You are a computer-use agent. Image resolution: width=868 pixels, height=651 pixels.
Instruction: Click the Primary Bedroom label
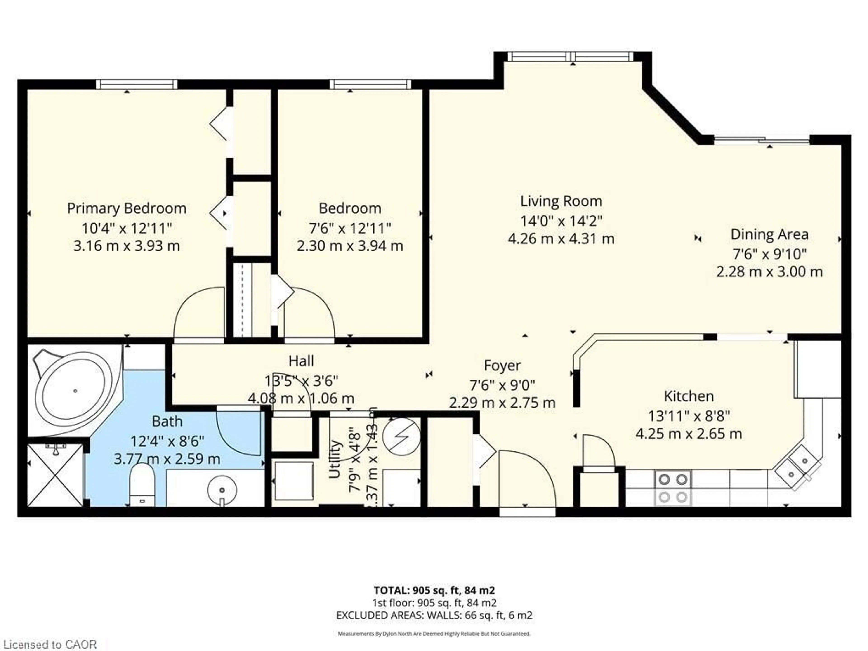point(126,208)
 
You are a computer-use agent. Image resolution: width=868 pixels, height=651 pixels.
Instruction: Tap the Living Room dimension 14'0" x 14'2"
point(561,221)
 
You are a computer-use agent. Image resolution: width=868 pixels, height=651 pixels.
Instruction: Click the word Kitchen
point(689,396)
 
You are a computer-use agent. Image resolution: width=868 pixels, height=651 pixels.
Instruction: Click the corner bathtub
point(75,390)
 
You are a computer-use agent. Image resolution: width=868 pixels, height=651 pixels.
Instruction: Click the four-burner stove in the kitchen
point(672,488)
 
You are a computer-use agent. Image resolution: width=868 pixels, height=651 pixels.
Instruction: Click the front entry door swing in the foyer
point(527,481)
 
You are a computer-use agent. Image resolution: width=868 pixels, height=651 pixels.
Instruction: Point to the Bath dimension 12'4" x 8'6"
point(167,441)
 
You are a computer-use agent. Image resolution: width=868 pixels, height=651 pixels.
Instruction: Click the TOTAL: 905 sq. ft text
point(434,590)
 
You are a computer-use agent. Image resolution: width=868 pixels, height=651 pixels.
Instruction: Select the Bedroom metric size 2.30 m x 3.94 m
point(350,246)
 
